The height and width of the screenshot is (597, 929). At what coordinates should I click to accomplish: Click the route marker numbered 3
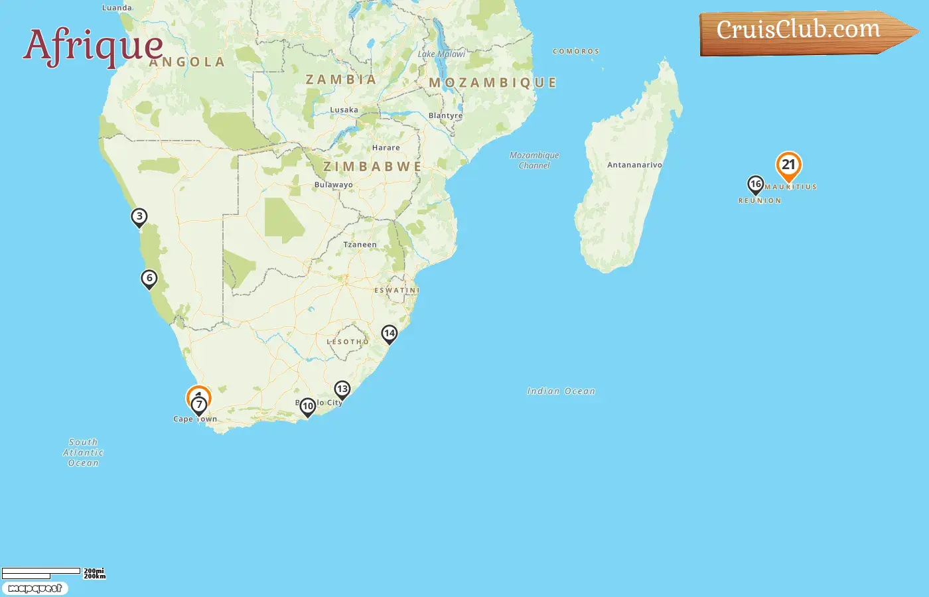click(x=139, y=217)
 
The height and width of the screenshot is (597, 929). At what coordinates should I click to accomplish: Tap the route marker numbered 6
click(x=149, y=279)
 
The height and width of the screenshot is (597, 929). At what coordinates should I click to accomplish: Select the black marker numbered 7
click(x=198, y=405)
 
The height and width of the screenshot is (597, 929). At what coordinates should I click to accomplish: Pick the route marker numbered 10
click(x=307, y=407)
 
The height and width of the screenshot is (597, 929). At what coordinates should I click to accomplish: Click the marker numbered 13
click(x=342, y=389)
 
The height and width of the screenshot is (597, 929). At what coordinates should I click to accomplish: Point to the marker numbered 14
click(x=389, y=334)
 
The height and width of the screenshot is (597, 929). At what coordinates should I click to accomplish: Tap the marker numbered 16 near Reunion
click(x=755, y=184)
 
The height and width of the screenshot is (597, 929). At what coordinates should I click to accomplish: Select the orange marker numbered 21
click(x=788, y=165)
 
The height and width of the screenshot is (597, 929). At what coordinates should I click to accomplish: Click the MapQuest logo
click(x=35, y=588)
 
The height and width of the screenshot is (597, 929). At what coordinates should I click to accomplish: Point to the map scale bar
click(x=41, y=572)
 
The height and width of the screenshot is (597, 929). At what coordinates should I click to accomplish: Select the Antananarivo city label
click(x=634, y=165)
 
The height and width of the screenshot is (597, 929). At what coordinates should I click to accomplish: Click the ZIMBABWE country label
click(x=372, y=166)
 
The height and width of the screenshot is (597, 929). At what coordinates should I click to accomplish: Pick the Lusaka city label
click(x=344, y=110)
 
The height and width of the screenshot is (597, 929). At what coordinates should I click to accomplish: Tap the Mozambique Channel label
click(x=534, y=160)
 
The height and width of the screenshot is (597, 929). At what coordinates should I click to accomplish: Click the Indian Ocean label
click(x=561, y=391)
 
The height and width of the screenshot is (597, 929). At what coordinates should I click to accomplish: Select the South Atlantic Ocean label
click(x=83, y=452)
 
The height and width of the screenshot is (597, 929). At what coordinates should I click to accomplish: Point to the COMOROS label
click(x=575, y=51)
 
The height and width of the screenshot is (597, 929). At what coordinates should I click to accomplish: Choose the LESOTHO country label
click(x=348, y=342)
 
